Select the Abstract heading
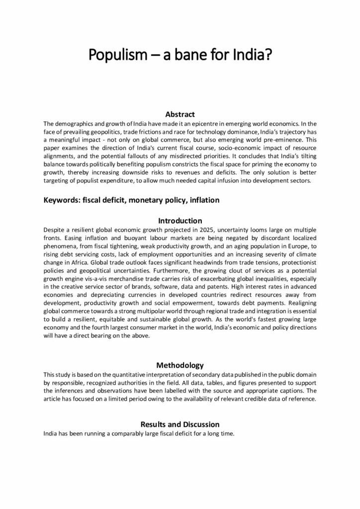tap(180, 114)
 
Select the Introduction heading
tap(180, 220)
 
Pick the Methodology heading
tap(180, 365)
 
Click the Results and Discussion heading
tap(180, 424)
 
